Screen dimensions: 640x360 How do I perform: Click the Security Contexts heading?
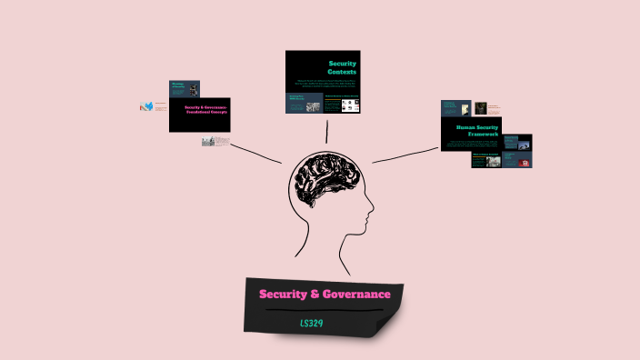pyautogui.click(x=342, y=67)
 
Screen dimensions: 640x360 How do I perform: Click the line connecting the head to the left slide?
pyautogui.click(x=256, y=154)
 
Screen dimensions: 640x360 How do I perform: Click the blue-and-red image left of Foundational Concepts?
pyautogui.click(x=146, y=106)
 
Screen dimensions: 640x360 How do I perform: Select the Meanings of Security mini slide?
pyautogui.click(x=183, y=88)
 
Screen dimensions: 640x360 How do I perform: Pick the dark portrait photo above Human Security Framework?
pyautogui.click(x=480, y=108)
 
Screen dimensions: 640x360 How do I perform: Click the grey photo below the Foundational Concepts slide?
pyautogui.click(x=209, y=141)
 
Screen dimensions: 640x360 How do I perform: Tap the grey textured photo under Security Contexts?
pyautogui.click(x=313, y=106)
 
